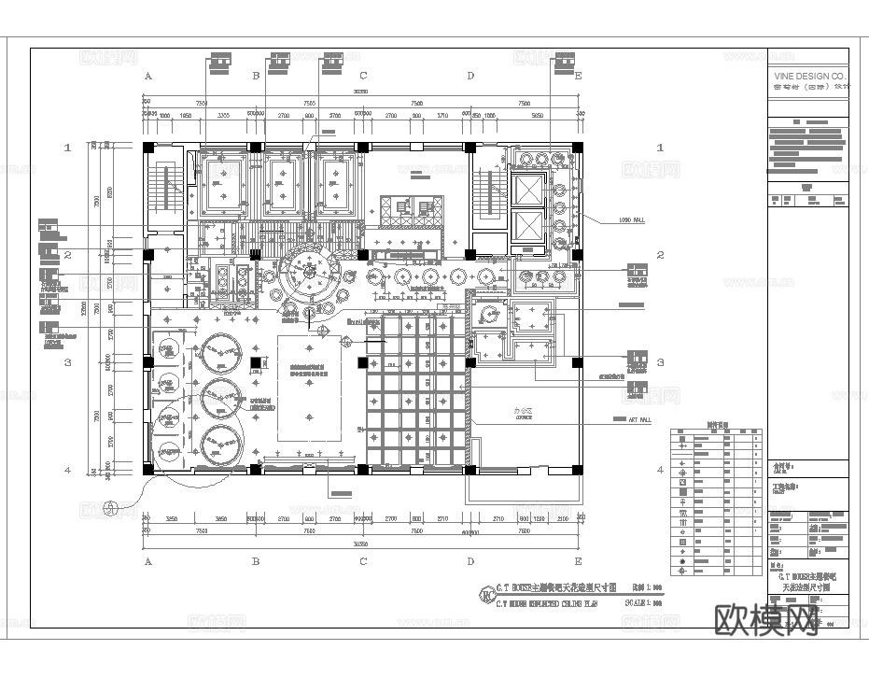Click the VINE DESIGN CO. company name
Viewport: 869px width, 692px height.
pos(809,75)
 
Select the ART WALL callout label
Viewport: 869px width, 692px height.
pos(625,419)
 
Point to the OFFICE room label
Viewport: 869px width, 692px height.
pos(523,412)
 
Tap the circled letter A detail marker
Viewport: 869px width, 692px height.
pos(111,507)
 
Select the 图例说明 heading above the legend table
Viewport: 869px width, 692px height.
pos(717,423)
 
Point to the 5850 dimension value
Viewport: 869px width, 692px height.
pos(537,115)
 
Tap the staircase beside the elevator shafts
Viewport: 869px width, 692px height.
pos(485,191)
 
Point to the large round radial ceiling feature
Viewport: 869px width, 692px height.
pos(308,272)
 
